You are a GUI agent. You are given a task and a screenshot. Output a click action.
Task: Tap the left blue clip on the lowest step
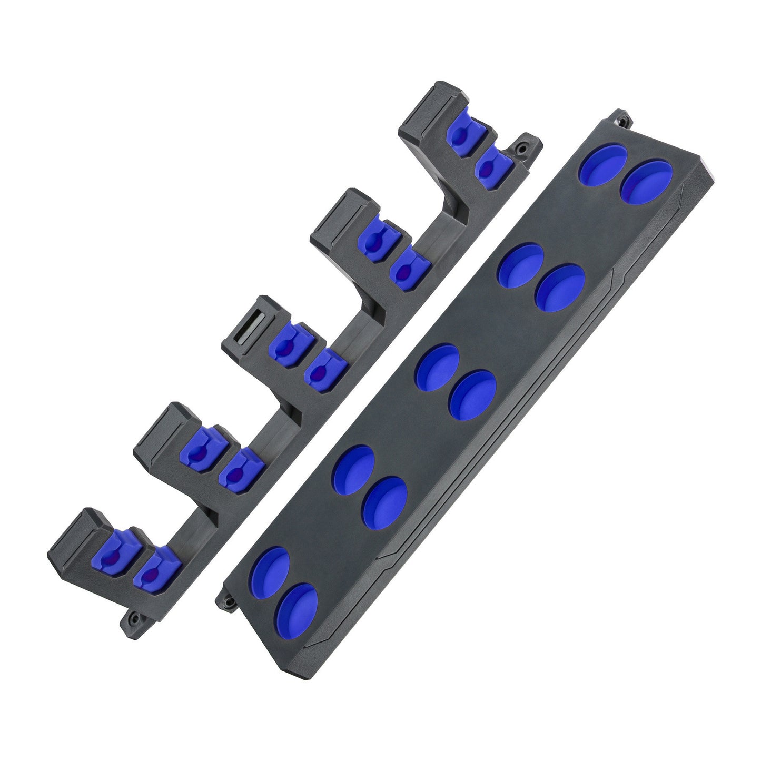coord(114,550)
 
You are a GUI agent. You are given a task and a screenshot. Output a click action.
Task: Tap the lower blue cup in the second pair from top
coord(559,288)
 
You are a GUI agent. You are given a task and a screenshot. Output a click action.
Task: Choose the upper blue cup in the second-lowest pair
coord(354,469)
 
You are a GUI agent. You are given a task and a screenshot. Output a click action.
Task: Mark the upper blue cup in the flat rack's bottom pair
coord(270,572)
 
